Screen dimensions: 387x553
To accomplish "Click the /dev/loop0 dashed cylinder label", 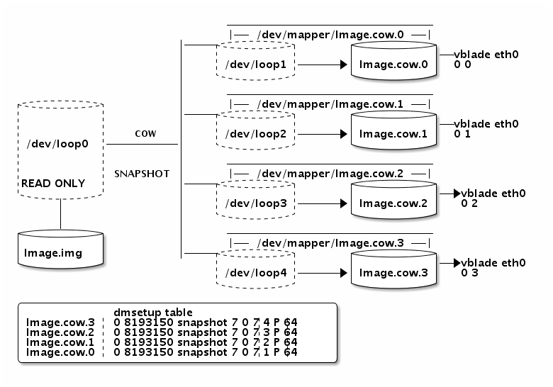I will click(x=57, y=144).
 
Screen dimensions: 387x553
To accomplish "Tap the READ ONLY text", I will click(x=53, y=184).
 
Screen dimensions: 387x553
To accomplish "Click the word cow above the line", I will click(x=145, y=133).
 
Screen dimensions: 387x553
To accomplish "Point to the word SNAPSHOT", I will click(x=142, y=174).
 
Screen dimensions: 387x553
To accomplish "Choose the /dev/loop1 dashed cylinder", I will click(x=255, y=64).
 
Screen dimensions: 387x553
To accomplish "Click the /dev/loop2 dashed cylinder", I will click(x=255, y=133).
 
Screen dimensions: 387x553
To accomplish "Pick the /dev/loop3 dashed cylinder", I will click(x=255, y=203).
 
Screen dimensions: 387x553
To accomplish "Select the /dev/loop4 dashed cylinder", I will click(x=255, y=272).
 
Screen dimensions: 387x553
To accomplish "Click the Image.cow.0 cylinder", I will click(x=393, y=64).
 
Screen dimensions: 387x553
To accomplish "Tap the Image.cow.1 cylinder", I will click(x=393, y=133).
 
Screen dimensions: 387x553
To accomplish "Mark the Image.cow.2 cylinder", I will click(x=393, y=203).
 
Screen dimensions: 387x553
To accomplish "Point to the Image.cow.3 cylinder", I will click(x=393, y=272).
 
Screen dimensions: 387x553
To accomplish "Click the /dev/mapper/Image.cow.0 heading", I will click(x=330, y=34).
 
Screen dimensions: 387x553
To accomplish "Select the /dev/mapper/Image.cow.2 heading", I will click(x=330, y=174).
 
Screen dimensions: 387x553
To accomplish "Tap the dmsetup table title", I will click(x=152, y=313).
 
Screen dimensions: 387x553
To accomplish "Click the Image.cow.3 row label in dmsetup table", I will click(x=55, y=322).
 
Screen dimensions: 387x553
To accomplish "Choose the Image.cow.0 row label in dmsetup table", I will click(x=55, y=352).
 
